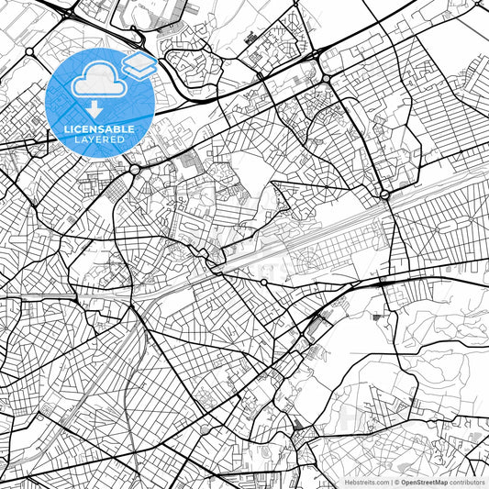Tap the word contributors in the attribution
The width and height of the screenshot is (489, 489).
pos(468,482)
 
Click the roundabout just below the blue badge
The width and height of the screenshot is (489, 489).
pos(135,170)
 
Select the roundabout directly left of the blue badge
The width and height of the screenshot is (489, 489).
pos(30,51)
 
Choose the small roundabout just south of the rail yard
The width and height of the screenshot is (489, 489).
pos(264,283)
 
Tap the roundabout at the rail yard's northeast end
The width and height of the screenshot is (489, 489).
pos(384,194)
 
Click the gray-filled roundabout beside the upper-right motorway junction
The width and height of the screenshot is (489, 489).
pos(326,80)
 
